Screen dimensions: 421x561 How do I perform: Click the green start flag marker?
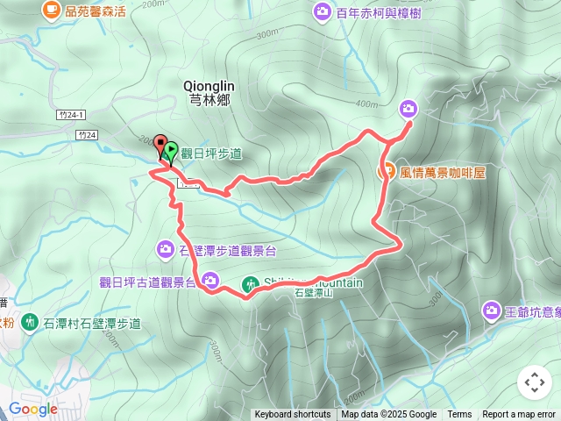(170, 151)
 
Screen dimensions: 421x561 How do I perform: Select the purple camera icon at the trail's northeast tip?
(408, 109)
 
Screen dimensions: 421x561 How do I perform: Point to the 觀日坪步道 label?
(211, 153)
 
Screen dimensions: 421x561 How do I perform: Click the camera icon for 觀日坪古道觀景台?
(210, 281)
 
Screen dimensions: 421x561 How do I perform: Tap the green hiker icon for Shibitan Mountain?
(251, 283)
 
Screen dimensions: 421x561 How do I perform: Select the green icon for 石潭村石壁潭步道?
(31, 323)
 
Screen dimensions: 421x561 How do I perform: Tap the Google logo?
(33, 409)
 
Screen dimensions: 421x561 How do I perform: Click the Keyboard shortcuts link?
(293, 415)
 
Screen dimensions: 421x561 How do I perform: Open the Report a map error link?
(519, 415)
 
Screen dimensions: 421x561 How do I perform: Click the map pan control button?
(534, 382)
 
